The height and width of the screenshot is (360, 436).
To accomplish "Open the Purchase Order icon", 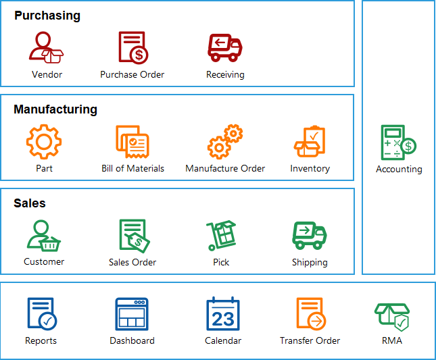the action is coord(133,47).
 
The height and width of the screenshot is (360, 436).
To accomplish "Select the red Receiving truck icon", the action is coord(225,48).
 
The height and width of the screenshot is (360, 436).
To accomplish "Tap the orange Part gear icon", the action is coord(44,142).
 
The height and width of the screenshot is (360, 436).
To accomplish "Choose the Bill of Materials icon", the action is coord(132,142).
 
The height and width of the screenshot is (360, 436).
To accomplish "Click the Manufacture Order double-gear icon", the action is coord(225,142).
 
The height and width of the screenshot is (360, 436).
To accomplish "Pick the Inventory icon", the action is coord(310,142).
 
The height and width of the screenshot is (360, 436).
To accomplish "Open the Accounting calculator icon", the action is coord(398,143).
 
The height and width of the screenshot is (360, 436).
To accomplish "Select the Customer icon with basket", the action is coord(44,236).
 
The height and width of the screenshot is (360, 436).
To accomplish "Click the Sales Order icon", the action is coord(135,236).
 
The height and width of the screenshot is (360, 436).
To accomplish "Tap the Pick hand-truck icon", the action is coord(221,236).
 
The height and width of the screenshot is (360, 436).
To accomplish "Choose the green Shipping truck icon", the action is coord(310,235).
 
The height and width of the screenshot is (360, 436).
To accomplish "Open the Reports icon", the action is coord(42,314).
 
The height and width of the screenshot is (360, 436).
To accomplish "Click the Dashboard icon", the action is coord(132,314).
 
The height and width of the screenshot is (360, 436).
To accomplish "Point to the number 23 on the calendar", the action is coord(223,319).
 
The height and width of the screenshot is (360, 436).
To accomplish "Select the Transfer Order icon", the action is coord(311,314).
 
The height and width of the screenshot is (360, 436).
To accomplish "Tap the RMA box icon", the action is coord(392,317).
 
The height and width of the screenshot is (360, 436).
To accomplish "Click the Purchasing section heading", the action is coord(47,16).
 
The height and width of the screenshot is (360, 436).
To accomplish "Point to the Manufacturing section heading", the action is coord(55,109).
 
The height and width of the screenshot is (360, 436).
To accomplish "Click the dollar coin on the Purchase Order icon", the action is coord(139,55).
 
